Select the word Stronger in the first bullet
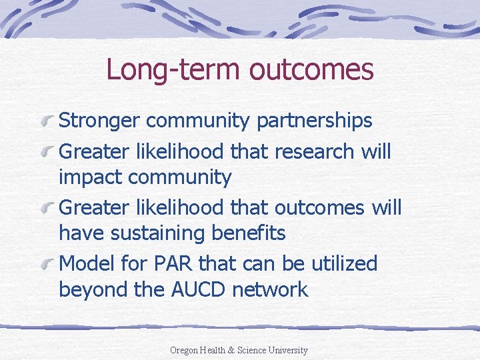coord(99,120)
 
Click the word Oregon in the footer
coord(184,350)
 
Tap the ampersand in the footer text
coord(231,350)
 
